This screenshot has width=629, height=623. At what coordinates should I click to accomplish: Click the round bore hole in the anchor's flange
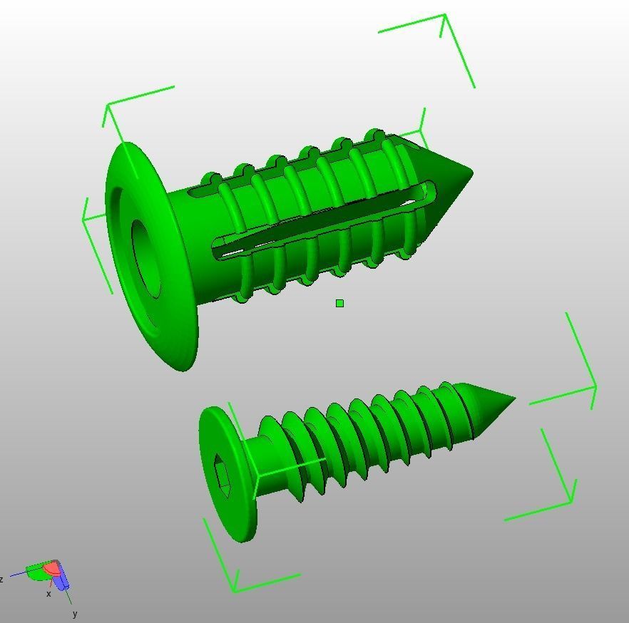[145, 257]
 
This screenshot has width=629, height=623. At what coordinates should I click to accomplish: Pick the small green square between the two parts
[339, 303]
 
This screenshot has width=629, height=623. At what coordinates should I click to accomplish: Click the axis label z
[2, 580]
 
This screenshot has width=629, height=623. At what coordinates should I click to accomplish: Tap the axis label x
[48, 594]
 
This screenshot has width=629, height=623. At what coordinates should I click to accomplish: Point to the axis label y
[74, 614]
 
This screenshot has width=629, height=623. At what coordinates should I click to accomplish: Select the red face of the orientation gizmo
[51, 569]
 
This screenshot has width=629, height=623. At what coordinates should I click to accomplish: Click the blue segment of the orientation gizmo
[62, 578]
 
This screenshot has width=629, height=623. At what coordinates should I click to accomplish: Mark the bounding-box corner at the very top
[445, 15]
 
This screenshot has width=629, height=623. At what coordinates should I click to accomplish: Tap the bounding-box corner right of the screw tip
[595, 387]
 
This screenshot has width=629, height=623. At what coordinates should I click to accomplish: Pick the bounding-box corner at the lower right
[573, 502]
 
